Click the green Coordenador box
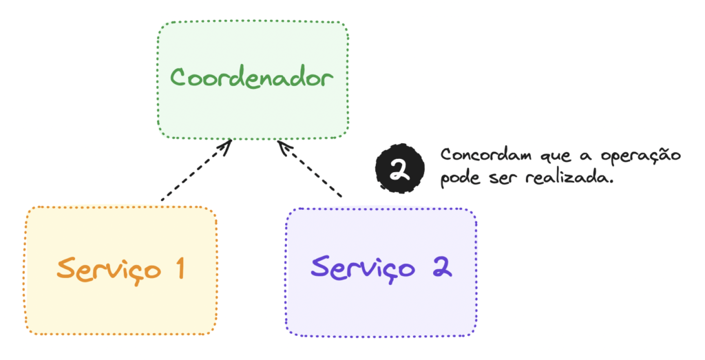point(253,80)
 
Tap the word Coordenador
point(252,77)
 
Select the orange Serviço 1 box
point(121,270)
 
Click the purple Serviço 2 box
point(381,272)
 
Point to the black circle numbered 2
point(400,169)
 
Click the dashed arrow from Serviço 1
point(196,170)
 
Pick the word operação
point(640,156)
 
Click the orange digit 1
point(180,268)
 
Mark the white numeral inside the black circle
point(399,169)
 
